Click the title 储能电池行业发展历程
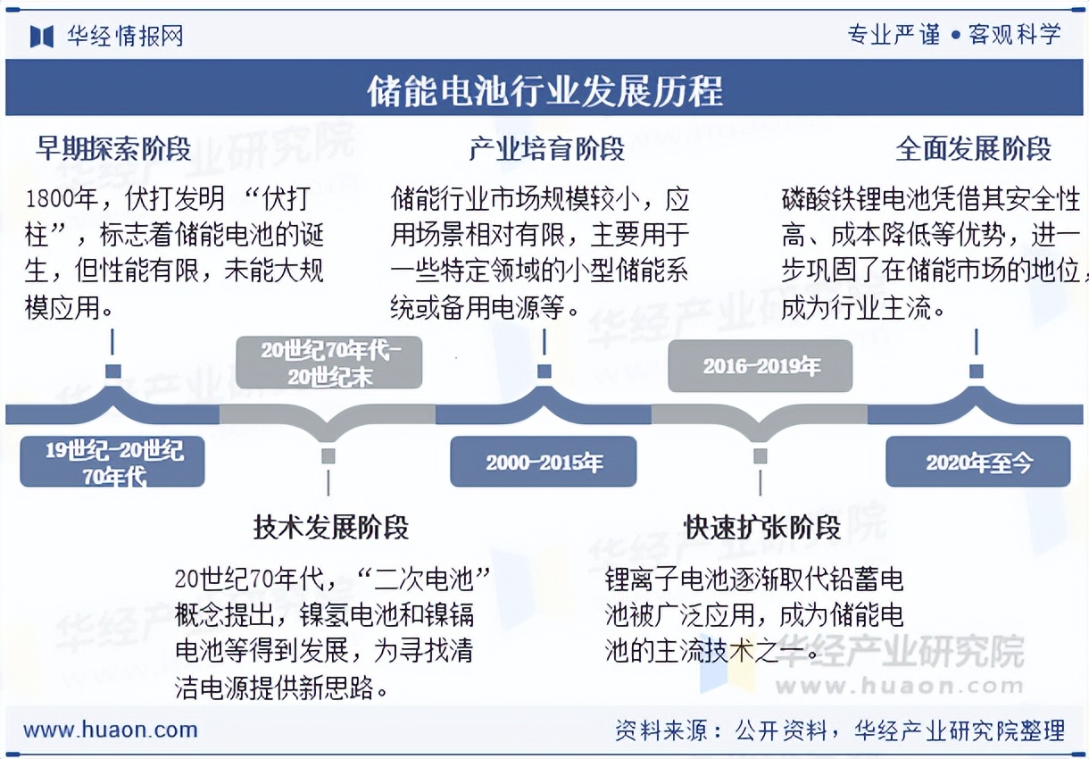[x=544, y=90]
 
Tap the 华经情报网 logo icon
[x=42, y=37]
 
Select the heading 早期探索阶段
[x=113, y=148]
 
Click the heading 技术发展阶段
[x=330, y=527]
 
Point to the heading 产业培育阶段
[x=546, y=148]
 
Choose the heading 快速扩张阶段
[x=762, y=527]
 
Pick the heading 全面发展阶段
[x=974, y=148]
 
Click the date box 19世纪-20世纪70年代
[x=112, y=462]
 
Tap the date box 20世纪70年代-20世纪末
[x=329, y=363]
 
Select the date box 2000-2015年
[x=544, y=462]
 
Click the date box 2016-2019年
[x=761, y=366]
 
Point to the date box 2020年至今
[x=977, y=462]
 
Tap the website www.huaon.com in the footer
[x=111, y=730]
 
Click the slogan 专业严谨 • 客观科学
[x=954, y=35]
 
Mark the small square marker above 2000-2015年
[x=544, y=371]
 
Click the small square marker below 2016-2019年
[x=761, y=455]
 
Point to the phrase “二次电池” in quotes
[x=424, y=579]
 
